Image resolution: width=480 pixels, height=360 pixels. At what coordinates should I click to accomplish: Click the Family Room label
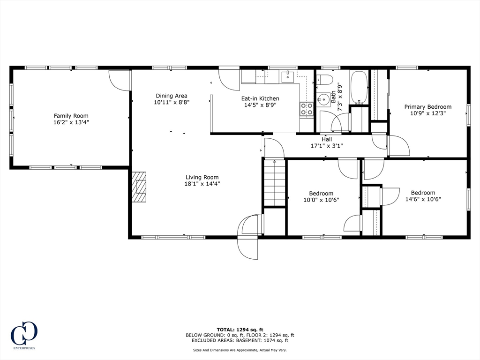[71, 116]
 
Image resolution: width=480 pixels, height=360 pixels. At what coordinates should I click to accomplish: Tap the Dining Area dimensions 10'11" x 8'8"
[172, 102]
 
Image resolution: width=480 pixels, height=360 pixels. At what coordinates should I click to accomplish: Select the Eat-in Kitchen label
[260, 98]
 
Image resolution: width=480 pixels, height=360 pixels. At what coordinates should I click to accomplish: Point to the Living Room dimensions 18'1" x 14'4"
[202, 184]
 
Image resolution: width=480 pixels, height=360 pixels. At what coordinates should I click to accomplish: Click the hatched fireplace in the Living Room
[139, 187]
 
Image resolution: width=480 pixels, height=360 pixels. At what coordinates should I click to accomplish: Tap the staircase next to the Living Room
[275, 183]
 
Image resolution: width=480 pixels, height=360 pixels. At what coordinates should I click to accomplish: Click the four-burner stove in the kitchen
[307, 109]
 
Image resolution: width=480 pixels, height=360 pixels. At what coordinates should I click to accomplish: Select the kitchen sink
[287, 77]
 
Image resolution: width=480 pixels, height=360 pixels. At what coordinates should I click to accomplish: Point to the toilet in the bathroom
[324, 79]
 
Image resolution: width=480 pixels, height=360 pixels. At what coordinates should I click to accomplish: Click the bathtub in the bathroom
[359, 87]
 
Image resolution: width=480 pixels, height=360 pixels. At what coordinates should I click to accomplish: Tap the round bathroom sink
[322, 99]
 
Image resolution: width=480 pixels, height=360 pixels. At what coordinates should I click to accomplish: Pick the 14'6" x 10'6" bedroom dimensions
[423, 199]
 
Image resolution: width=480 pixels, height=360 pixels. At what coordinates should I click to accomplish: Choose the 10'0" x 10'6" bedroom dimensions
[321, 200]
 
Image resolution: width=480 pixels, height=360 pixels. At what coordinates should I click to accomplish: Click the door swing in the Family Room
[120, 80]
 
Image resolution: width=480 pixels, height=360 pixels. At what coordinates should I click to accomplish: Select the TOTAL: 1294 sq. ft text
[240, 329]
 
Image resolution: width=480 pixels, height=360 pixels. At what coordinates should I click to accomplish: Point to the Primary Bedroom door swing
[398, 146]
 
